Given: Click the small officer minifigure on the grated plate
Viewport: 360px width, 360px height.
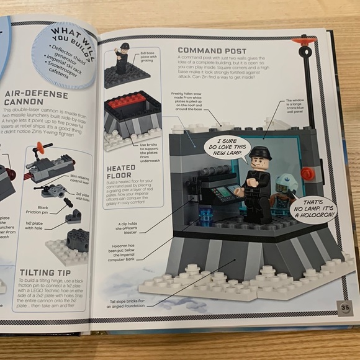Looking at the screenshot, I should click(x=123, y=59).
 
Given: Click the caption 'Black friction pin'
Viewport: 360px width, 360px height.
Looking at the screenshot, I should click(x=44, y=209).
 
